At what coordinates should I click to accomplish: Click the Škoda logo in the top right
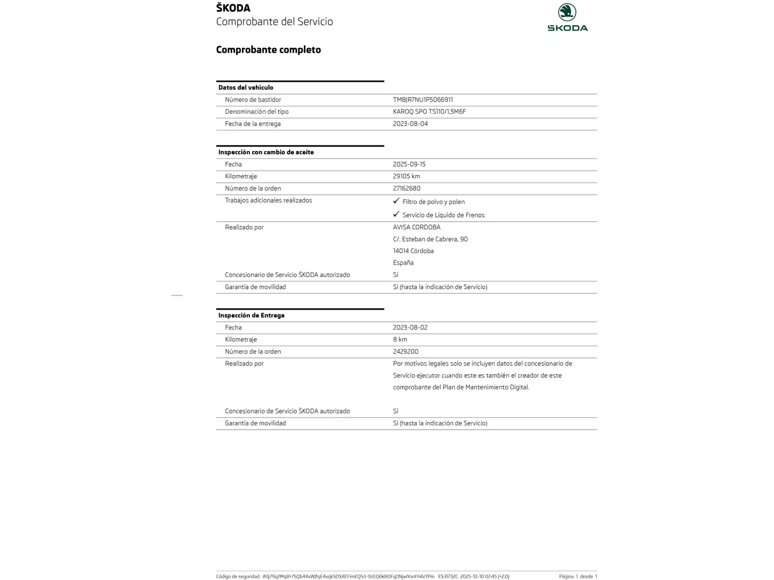[567, 17]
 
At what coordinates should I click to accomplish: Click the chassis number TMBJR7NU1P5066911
[422, 100]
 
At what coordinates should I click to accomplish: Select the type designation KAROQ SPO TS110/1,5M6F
[429, 112]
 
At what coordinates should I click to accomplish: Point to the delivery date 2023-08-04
[410, 124]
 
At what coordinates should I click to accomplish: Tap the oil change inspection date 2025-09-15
[409, 164]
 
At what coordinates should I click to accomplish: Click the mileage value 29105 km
[406, 176]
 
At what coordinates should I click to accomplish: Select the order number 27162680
[406, 189]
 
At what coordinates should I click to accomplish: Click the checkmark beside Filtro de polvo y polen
[396, 201]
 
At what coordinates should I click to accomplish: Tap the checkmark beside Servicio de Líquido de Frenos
[396, 214]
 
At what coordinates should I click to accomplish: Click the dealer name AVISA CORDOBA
[417, 227]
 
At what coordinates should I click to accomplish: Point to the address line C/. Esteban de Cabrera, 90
[430, 240]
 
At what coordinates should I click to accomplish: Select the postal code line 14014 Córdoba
[413, 251]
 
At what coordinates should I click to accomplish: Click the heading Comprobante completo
[268, 50]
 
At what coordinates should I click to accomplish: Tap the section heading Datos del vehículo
[246, 88]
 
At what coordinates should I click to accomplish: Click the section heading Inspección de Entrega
[251, 315]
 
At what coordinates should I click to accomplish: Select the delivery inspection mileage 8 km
[400, 339]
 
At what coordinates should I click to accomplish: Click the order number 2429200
[405, 352]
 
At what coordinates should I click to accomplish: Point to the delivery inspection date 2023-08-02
[410, 328]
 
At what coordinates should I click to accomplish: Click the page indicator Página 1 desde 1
[578, 576]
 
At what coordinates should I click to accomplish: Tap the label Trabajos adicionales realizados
[268, 200]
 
